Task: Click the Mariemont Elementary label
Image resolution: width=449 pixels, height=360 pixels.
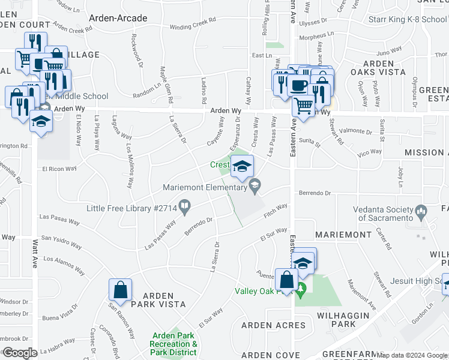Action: (204, 188)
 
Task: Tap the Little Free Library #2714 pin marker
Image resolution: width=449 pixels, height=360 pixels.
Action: (185, 208)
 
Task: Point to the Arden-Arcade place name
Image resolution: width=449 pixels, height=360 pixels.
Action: (118, 18)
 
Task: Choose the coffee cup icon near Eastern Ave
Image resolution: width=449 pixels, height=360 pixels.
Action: (299, 85)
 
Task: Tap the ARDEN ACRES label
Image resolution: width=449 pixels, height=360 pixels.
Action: (273, 325)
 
